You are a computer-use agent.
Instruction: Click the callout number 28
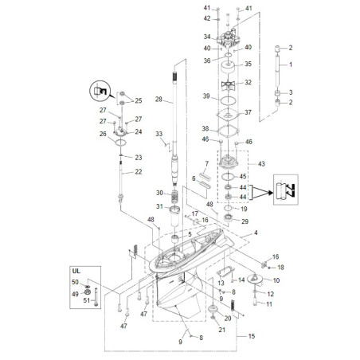159,100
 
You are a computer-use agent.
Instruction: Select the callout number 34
206,37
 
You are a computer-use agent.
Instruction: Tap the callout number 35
248,64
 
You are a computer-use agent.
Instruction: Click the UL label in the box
76,271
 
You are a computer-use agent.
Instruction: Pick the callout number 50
75,282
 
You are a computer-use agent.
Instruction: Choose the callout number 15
252,337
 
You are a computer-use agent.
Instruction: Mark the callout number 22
138,171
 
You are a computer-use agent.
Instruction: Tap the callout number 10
276,281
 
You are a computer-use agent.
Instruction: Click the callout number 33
158,133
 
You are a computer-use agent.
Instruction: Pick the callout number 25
138,101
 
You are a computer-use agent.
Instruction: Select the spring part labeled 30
174,194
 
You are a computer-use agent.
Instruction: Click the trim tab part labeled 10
256,279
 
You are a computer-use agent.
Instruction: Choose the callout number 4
256,233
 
